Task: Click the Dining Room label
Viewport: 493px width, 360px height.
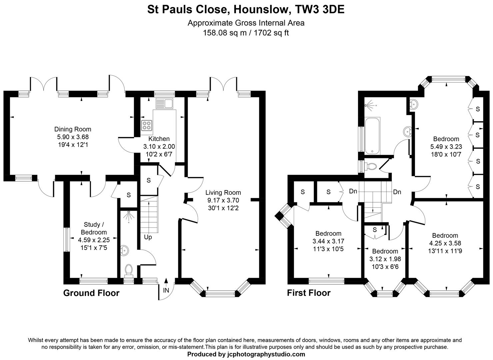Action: pyautogui.click(x=73, y=129)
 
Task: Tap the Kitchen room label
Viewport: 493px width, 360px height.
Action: pyautogui.click(x=159, y=139)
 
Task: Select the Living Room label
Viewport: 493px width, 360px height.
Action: pyautogui.click(x=223, y=192)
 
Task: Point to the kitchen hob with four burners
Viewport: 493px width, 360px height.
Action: pyautogui.click(x=146, y=125)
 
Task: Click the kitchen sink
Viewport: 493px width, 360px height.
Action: pyautogui.click(x=164, y=104)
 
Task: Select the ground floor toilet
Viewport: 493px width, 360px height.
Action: pyautogui.click(x=128, y=270)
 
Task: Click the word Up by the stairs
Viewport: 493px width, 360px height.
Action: pyautogui.click(x=148, y=237)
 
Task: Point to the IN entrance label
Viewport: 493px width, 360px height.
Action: pyautogui.click(x=166, y=290)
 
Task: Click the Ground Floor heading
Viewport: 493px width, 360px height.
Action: pyautogui.click(x=91, y=293)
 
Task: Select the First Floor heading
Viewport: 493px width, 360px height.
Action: pyautogui.click(x=309, y=293)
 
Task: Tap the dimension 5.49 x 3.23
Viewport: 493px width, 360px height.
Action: pyautogui.click(x=446, y=146)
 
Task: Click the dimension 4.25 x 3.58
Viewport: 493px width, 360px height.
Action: pyautogui.click(x=445, y=243)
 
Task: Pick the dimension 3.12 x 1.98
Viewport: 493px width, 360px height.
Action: pyautogui.click(x=385, y=259)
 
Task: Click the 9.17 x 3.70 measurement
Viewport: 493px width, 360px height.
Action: pyautogui.click(x=223, y=200)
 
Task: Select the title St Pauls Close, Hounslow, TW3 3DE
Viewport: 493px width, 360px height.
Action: pyautogui.click(x=246, y=10)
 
